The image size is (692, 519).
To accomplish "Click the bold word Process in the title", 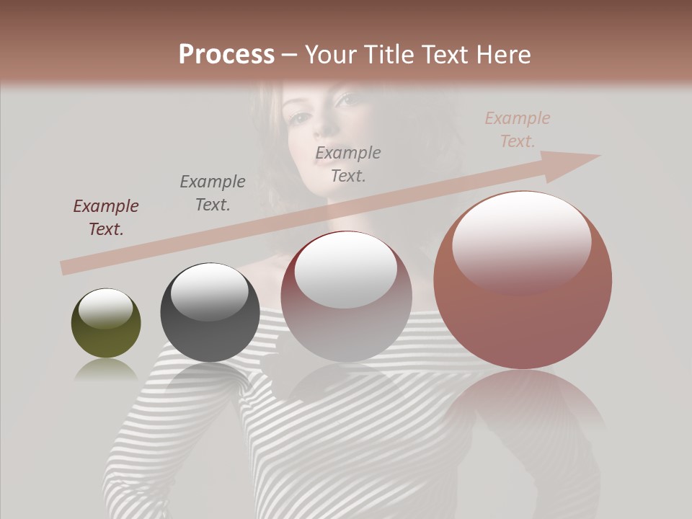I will click(226, 54).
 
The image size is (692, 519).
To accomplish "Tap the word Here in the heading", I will click(504, 54).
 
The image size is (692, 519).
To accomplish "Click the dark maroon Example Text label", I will click(106, 218).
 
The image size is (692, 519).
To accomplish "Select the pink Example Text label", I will click(518, 130).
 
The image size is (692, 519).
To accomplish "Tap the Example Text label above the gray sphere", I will click(213, 193).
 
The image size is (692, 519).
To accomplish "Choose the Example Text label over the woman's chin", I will click(348, 164).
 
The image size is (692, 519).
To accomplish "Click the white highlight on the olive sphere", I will click(105, 309).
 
